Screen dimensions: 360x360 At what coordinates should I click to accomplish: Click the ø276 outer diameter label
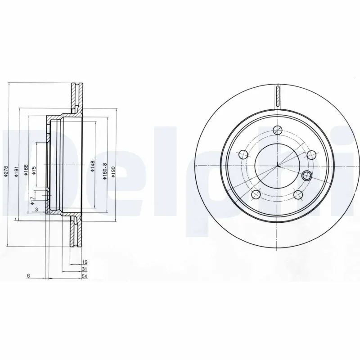[6, 171]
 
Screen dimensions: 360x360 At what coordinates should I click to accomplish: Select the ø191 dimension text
[16, 171]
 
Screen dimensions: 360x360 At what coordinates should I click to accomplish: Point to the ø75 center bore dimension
[34, 171]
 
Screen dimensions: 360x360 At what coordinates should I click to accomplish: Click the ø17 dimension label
[32, 200]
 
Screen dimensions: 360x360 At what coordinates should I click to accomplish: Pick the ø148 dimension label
[92, 166]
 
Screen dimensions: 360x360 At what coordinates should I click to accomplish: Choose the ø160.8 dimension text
[104, 171]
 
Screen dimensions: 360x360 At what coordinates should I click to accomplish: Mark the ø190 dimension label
[114, 171]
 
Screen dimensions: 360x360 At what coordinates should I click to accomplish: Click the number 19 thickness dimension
[84, 261]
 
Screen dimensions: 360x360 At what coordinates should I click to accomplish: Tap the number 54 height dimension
[84, 276]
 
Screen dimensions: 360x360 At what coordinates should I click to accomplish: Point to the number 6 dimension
[28, 276]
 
